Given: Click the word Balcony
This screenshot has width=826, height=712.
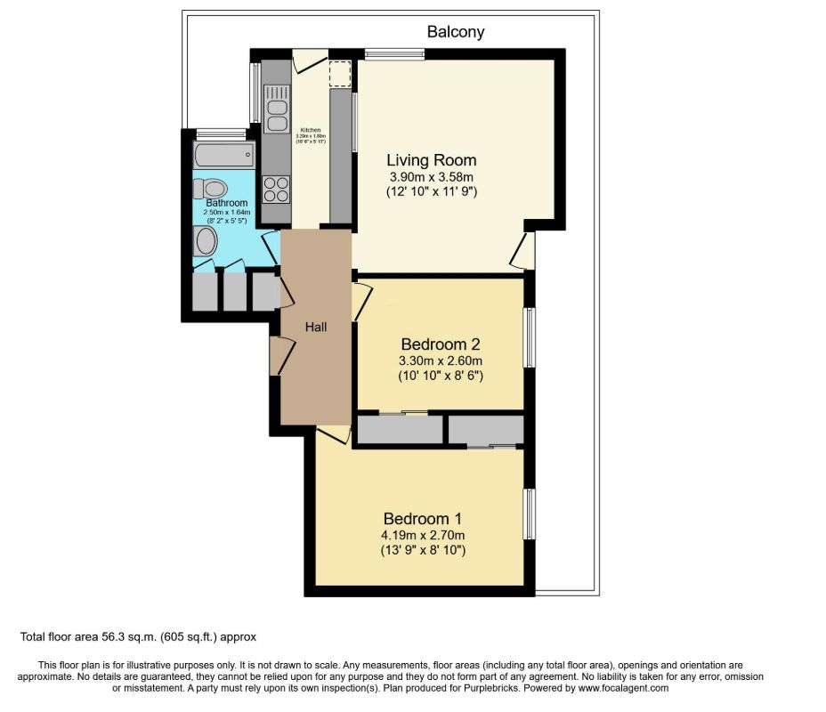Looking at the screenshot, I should tap(456, 32).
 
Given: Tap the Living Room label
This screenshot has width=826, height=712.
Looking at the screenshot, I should tap(431, 160).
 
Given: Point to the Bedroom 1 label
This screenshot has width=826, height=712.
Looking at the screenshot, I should tap(423, 519).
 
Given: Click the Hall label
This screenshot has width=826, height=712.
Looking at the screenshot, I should tap(316, 328).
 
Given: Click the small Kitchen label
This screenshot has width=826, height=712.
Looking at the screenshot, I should tap(310, 130).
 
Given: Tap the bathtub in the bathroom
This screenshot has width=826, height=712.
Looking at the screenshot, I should tap(222, 156).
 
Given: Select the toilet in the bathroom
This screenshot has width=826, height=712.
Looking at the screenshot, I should tap(212, 188).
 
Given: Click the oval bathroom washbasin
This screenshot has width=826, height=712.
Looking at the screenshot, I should tap(206, 241).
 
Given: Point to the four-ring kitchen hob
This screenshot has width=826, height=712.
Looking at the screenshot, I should tap(276, 190).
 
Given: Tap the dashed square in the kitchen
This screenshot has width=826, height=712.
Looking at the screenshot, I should tap(339, 74).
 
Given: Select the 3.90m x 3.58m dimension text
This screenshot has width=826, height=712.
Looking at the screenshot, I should tap(431, 177).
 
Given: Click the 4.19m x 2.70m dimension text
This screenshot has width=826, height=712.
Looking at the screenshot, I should tap(424, 536).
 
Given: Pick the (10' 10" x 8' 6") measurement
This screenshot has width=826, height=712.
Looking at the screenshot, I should tap(441, 376).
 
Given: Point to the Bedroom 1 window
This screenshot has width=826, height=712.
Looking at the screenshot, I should tap(529, 514).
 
